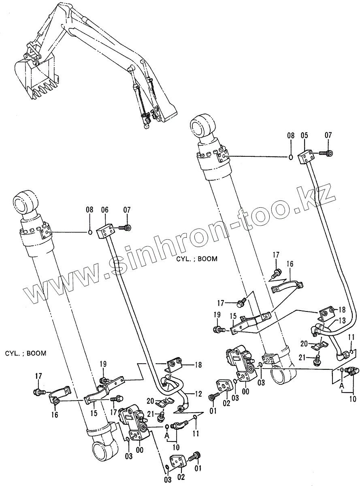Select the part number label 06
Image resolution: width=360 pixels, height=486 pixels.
click(x=105, y=210)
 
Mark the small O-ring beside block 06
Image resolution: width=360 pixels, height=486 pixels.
click(x=89, y=232)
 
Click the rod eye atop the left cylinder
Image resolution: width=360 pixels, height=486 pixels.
click(x=25, y=201)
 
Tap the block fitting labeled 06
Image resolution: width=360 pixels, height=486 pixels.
click(x=107, y=232)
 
